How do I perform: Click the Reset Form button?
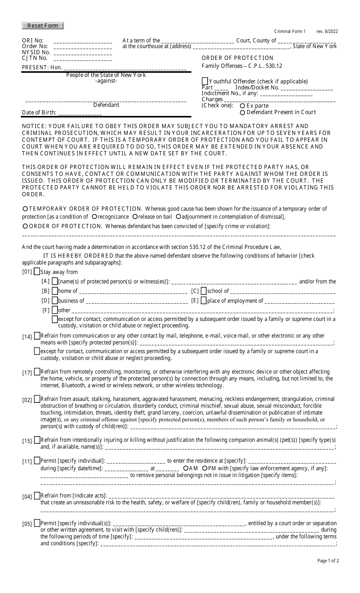(x=43, y=26)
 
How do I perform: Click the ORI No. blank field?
(x=83, y=42)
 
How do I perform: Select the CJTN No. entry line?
(x=83, y=59)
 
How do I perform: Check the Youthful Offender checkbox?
(x=205, y=81)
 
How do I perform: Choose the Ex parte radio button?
(x=243, y=106)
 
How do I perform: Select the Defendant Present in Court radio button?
(x=243, y=113)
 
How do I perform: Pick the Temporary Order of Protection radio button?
(x=25, y=209)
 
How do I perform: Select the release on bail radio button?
(x=135, y=217)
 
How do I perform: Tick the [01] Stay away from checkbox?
(x=37, y=271)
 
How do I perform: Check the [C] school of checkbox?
(x=203, y=291)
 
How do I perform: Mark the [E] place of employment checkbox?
(x=203, y=300)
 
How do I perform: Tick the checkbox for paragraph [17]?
(x=37, y=372)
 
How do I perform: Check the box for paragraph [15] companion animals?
(x=37, y=440)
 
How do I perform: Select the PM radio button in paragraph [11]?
(x=205, y=468)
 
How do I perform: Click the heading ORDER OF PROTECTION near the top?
(x=237, y=58)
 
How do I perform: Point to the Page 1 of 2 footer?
(x=328, y=561)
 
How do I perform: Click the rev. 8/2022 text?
(x=327, y=31)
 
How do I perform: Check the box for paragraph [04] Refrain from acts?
(x=37, y=495)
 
